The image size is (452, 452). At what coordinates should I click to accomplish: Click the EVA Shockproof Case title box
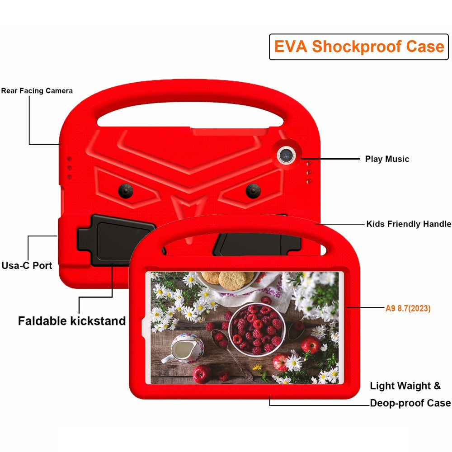click(x=359, y=47)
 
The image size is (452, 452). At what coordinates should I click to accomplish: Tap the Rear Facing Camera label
click(x=37, y=91)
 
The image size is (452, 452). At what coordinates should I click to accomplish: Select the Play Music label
click(x=387, y=159)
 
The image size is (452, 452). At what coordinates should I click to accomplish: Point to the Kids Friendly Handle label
click(x=408, y=224)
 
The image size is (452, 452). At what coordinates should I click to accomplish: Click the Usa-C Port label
click(x=27, y=265)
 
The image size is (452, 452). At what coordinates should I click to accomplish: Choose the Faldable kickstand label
click(x=72, y=321)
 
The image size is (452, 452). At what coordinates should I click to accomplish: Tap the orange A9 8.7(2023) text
click(x=408, y=309)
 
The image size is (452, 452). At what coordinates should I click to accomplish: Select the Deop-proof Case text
click(x=410, y=403)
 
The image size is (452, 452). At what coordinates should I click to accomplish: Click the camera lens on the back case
click(x=286, y=155)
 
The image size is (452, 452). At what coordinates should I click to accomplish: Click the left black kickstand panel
click(x=115, y=240)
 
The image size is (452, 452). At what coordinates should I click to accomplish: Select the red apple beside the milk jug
click(x=202, y=374)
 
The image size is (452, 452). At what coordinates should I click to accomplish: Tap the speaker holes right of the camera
click(x=308, y=172)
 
